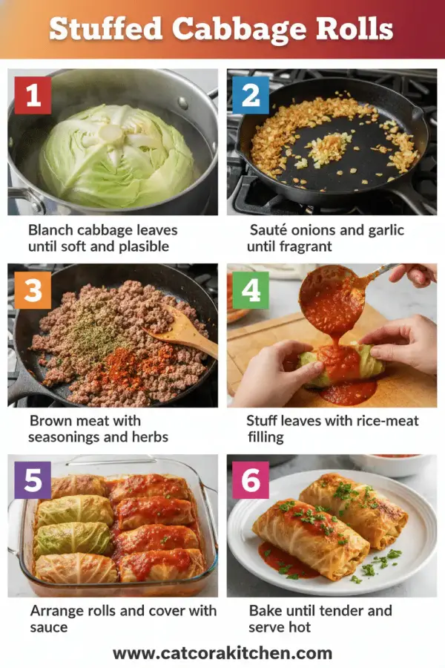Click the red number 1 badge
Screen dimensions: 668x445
pos(33,95)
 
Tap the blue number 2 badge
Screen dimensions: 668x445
pos(251,95)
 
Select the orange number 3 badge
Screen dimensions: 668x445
pos(33,289)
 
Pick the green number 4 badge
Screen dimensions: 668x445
pos(251,289)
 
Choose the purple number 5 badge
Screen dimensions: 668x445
pos(33,480)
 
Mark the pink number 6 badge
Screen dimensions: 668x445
pos(251,480)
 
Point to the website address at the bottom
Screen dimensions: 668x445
pos(222,653)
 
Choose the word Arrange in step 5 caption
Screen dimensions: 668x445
pos(59,612)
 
